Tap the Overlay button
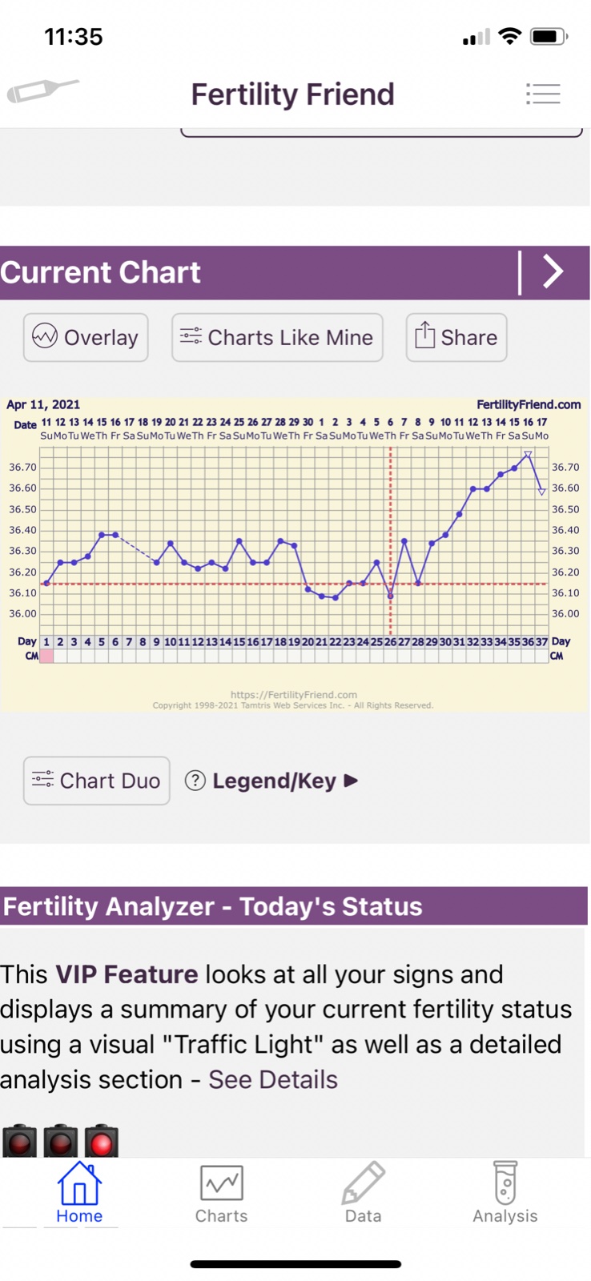[86, 337]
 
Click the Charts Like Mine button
[277, 337]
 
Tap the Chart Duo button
[96, 781]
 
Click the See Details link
[273, 1079]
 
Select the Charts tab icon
[221, 1183]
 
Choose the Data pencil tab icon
[363, 1183]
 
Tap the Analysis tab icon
[505, 1183]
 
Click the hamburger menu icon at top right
[543, 94]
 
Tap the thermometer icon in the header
[42, 90]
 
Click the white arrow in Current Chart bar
[553, 271]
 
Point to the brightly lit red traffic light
[102, 1142]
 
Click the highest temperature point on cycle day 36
[528, 455]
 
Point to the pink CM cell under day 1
[46, 656]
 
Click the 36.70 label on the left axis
[22, 467]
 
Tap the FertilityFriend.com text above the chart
[529, 404]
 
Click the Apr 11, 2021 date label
[43, 404]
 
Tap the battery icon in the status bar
[549, 36]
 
